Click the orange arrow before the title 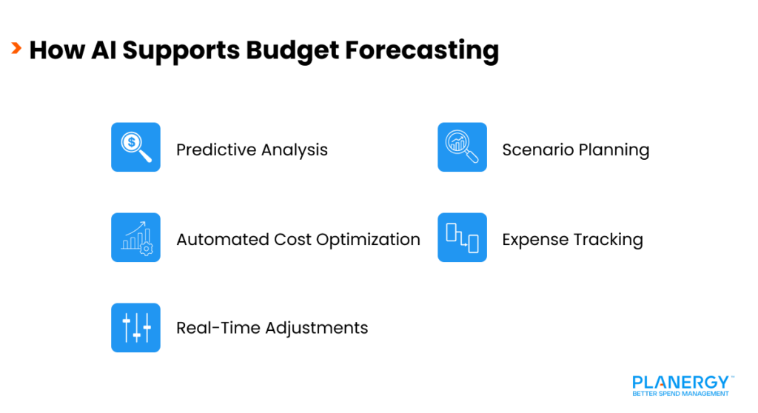[x=16, y=49]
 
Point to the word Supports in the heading [x=181, y=50]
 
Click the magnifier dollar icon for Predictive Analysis [x=135, y=147]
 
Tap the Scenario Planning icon [x=462, y=147]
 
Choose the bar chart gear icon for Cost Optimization [x=135, y=238]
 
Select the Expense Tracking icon [x=462, y=238]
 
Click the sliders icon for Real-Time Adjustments [x=135, y=327]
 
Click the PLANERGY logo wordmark [x=680, y=382]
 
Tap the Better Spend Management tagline [x=680, y=394]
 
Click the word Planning [x=614, y=150]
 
